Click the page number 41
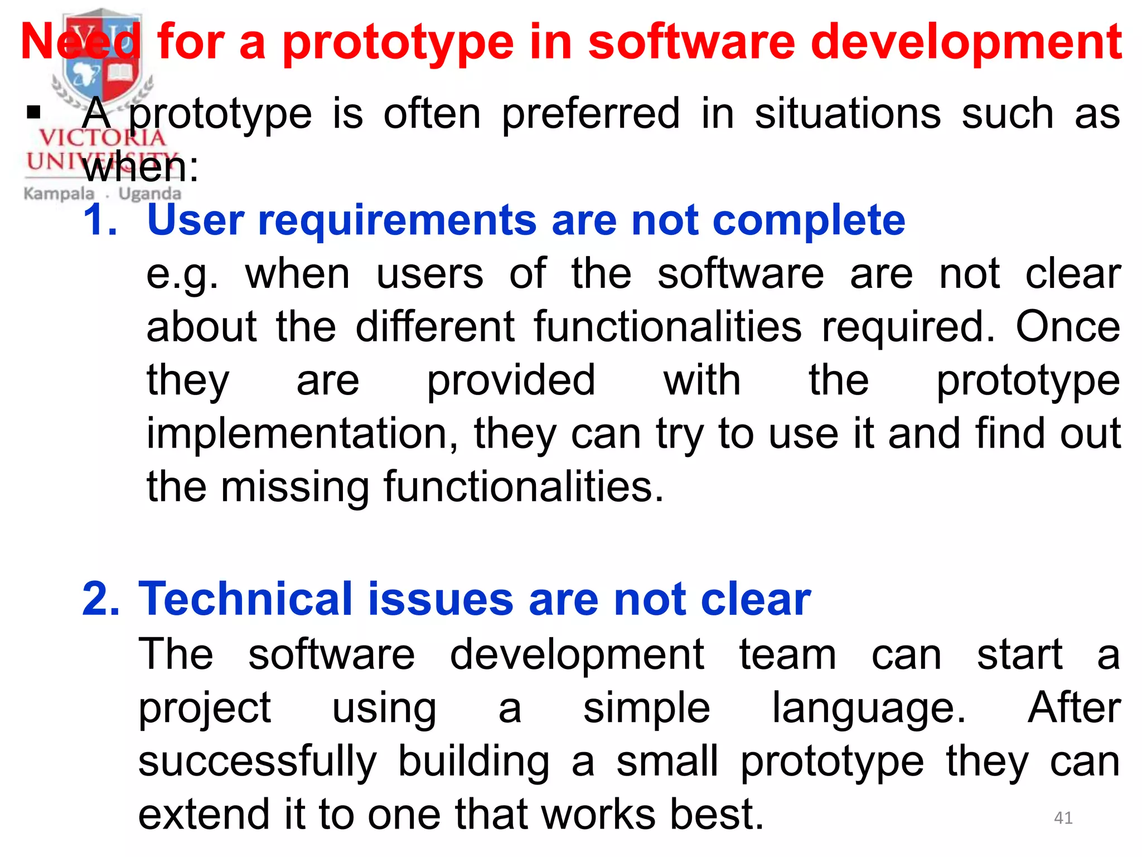1063,818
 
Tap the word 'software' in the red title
691,42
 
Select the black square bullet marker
34,113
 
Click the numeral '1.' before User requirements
100,220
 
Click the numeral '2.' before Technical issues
101,599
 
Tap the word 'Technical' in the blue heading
245,599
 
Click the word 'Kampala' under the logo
59,194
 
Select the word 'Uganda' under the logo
149,194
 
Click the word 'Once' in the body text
1067,327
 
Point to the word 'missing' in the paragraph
295,487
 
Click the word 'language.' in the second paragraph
868,707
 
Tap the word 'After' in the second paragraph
1073,707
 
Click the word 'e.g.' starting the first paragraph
182,275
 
